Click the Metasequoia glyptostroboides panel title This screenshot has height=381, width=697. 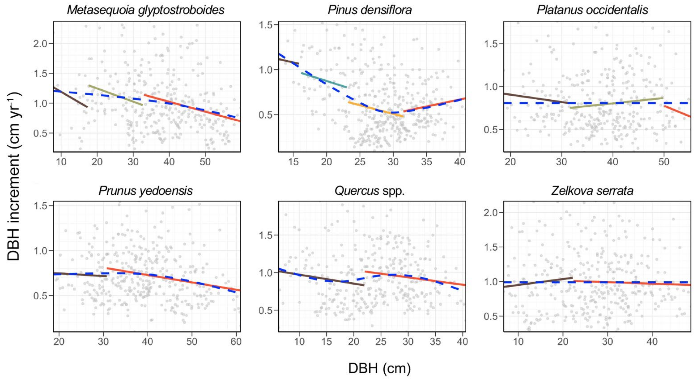(146, 10)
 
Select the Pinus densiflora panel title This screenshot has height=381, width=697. (370, 10)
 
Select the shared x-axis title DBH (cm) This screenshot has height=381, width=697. (379, 368)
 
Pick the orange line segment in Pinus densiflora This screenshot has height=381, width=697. (376, 109)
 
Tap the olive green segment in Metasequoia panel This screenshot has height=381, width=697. (116, 95)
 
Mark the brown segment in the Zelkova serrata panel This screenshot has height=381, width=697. (538, 282)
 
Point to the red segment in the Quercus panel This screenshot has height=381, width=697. (415, 278)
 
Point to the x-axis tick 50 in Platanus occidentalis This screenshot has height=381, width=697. (664, 162)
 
